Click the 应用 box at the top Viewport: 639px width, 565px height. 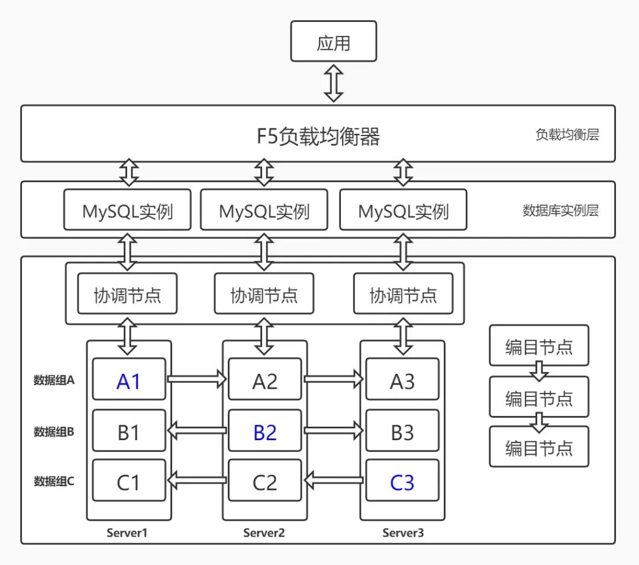(x=334, y=41)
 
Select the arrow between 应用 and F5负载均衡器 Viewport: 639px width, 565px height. (x=334, y=83)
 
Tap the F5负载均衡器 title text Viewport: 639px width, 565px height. (x=318, y=136)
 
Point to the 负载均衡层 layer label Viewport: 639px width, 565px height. (x=567, y=135)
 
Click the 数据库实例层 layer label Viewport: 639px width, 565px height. (x=560, y=211)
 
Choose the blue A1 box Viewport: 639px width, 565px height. (x=128, y=382)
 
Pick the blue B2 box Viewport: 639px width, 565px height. (x=264, y=432)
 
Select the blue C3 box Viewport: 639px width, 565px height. (x=402, y=483)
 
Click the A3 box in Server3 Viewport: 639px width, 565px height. (x=402, y=382)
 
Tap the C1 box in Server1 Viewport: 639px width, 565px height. (x=128, y=483)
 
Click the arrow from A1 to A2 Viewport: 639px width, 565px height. (x=197, y=379)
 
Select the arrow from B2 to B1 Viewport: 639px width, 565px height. (x=197, y=431)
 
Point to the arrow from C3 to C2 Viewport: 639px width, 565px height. (x=334, y=480)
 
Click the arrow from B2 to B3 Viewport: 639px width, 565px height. (x=334, y=431)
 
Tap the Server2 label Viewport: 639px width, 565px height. (x=264, y=532)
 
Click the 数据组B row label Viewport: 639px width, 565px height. (x=54, y=432)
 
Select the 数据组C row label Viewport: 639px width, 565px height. (x=54, y=482)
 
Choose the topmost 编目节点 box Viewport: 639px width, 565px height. (x=539, y=346)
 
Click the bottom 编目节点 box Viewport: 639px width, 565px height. (x=539, y=447)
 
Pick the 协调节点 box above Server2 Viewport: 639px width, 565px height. (x=264, y=294)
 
